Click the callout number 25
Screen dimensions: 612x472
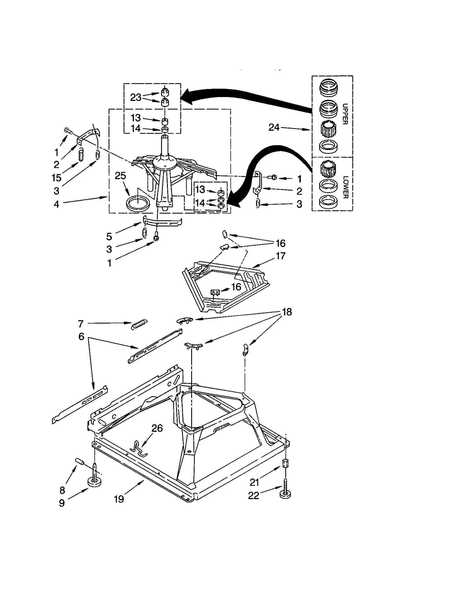coord(120,176)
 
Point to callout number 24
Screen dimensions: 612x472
coord(274,127)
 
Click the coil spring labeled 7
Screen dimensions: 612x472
coord(139,324)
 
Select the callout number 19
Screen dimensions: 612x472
coord(119,499)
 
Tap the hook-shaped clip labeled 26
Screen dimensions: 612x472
coord(139,449)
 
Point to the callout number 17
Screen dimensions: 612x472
coord(281,256)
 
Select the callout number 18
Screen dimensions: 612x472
coord(287,312)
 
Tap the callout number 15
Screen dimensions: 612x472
coord(56,178)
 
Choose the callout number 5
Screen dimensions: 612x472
coord(109,236)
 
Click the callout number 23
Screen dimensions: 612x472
coord(136,97)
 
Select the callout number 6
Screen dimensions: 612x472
coord(81,336)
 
